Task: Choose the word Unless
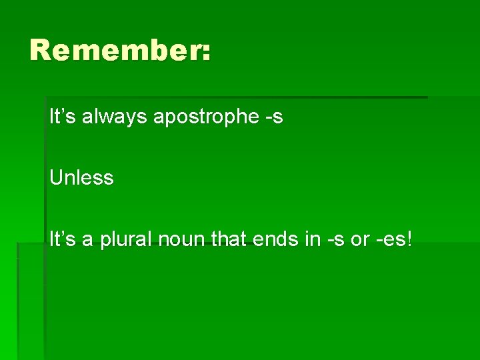[x=81, y=179]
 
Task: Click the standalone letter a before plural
[x=87, y=241]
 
